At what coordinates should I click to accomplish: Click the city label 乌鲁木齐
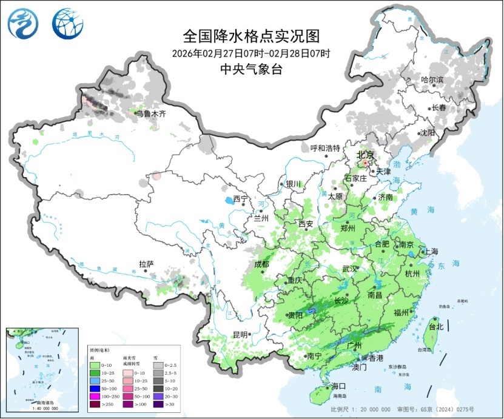click(x=150, y=113)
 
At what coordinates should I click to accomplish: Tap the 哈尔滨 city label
click(x=432, y=80)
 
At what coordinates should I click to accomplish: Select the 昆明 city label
click(x=240, y=335)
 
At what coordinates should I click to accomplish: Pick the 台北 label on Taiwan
click(x=436, y=327)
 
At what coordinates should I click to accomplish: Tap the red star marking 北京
click(x=365, y=163)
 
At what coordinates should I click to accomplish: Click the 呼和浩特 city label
click(x=321, y=148)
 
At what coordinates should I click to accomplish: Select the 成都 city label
click(x=261, y=264)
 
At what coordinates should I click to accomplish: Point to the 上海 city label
click(x=431, y=251)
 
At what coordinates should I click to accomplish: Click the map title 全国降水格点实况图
click(x=250, y=36)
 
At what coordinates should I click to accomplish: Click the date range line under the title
click(x=250, y=53)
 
